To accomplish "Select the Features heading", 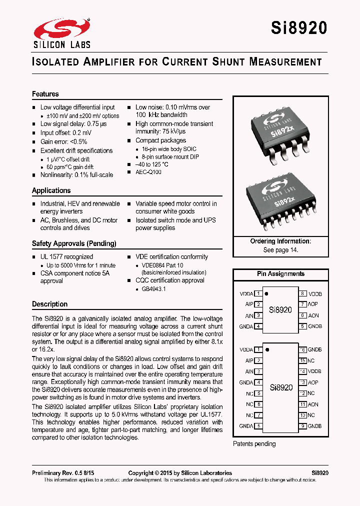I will (x=45, y=94).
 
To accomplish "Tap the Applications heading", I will (x=51, y=190).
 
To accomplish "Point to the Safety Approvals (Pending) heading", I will (x=74, y=243).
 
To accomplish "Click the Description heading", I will (x=49, y=304).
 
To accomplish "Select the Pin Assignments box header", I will (x=280, y=274).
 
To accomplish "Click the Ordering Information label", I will (x=280, y=241).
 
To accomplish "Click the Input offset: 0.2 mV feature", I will (x=66, y=133).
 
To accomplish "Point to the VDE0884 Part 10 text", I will (x=162, y=265).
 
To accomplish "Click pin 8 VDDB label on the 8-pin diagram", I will (x=315, y=294).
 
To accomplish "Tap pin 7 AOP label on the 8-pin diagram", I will (x=313, y=304).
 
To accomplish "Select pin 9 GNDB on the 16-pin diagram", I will (x=314, y=426).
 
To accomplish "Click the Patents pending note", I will (x=254, y=444).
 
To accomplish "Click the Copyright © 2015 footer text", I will (x=180, y=473).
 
